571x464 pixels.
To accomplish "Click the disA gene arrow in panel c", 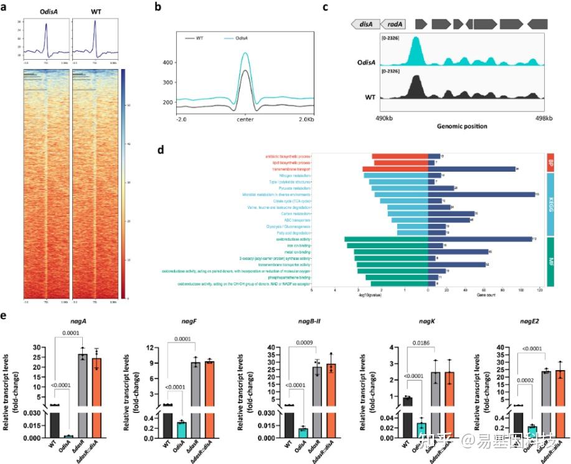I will tap(365, 24).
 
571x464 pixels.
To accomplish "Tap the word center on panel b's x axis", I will tap(245, 119).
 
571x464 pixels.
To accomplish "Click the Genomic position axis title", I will tap(461, 126).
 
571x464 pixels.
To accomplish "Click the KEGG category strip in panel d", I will tap(550, 203).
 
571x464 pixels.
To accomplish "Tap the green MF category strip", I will tap(550, 262).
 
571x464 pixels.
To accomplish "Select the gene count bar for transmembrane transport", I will tap(471, 169).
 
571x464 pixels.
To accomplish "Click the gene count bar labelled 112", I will tap(479, 239).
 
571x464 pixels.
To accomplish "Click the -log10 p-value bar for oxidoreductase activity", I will tap(386, 239).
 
